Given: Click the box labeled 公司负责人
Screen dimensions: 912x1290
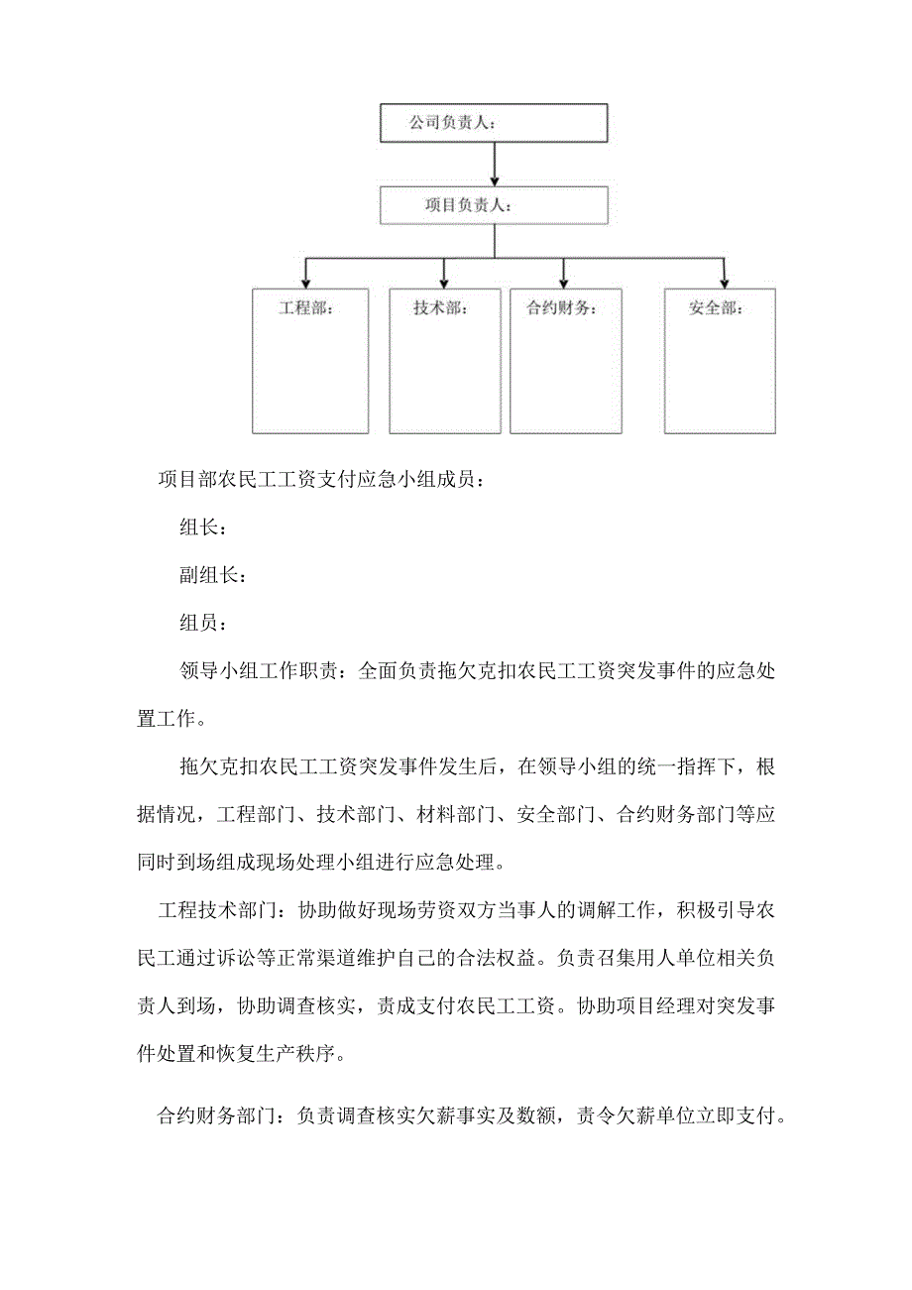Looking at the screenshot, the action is [493, 123].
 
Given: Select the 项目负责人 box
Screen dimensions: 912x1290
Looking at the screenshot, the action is [494, 205].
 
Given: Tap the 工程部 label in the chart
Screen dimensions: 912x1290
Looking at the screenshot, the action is [305, 308].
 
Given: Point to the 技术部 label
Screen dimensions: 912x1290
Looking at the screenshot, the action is [441, 308].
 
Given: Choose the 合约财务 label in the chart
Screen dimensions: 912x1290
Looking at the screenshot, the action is [561, 308].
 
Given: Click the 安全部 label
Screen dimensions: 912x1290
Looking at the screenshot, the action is [716, 308].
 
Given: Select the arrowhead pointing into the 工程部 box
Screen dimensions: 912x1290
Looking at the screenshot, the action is [306, 282].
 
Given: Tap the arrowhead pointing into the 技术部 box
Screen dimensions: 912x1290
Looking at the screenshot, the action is [444, 282].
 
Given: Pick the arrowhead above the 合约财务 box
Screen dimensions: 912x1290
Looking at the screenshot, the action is [563, 282].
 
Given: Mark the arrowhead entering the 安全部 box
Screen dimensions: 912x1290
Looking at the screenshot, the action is [725, 282].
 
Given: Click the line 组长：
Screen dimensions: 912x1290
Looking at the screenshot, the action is [204, 528].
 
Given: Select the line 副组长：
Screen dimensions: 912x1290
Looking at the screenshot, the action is [213, 575].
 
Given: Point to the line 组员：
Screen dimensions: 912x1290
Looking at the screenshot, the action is [204, 623].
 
